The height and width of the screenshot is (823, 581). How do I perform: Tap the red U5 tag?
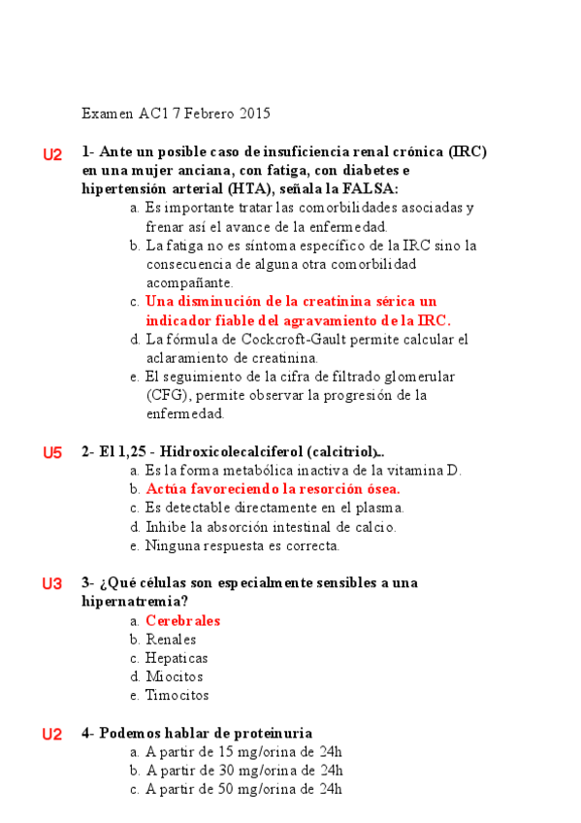click(x=52, y=452)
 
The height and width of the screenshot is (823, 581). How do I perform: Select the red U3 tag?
click(x=52, y=583)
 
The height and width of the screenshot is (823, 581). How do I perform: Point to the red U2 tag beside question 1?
click(x=52, y=154)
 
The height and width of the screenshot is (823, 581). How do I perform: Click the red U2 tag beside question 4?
click(x=52, y=734)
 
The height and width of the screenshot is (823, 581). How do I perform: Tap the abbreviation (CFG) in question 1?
click(x=167, y=396)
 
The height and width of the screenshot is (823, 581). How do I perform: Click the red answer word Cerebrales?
click(x=182, y=621)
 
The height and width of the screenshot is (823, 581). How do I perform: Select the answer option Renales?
click(x=171, y=640)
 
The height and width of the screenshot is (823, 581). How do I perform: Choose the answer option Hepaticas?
click(x=177, y=659)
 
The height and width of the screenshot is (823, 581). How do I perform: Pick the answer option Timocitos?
click(x=177, y=696)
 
